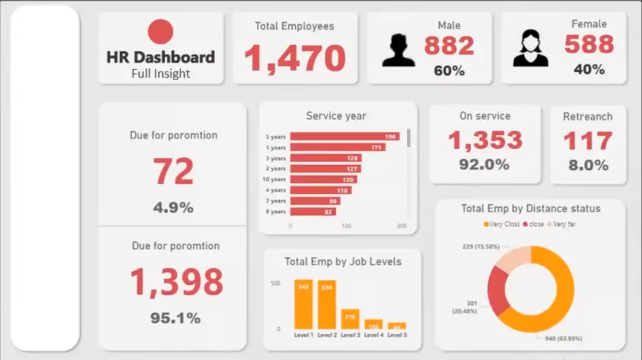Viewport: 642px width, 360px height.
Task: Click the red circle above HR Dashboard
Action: point(160,32)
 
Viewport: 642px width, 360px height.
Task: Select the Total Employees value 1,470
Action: point(295,58)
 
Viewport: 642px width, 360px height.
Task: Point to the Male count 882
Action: point(449,46)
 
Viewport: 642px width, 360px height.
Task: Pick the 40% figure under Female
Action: point(589,69)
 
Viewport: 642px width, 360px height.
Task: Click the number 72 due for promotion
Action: point(173,171)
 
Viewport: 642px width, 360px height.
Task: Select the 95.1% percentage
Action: point(175,318)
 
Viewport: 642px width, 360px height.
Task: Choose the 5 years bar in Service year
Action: point(344,137)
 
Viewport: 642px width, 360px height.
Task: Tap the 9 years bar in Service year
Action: point(313,212)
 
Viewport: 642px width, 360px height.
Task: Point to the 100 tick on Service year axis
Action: point(346,226)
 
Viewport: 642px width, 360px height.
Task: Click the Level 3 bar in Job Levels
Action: point(350,318)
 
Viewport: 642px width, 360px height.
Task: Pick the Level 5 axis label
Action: point(397,335)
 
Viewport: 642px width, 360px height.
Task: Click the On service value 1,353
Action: point(485,140)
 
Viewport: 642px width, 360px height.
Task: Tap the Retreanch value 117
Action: point(588,141)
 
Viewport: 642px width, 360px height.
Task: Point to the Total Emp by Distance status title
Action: point(530,209)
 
